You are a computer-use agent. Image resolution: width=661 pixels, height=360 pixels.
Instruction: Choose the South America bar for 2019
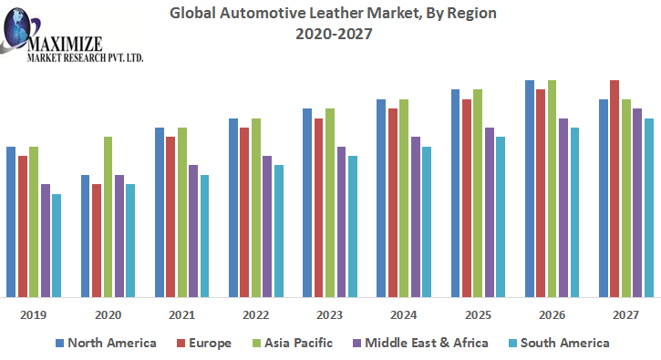[57, 245]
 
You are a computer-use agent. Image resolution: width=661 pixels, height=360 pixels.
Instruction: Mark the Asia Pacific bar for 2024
[404, 198]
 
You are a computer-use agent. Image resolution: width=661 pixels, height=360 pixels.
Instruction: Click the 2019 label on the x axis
[34, 314]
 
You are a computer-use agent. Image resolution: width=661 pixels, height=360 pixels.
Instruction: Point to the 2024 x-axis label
[404, 314]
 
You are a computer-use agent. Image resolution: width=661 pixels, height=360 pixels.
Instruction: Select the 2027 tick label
[625, 314]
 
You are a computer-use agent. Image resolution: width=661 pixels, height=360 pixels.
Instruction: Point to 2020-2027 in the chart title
[334, 34]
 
